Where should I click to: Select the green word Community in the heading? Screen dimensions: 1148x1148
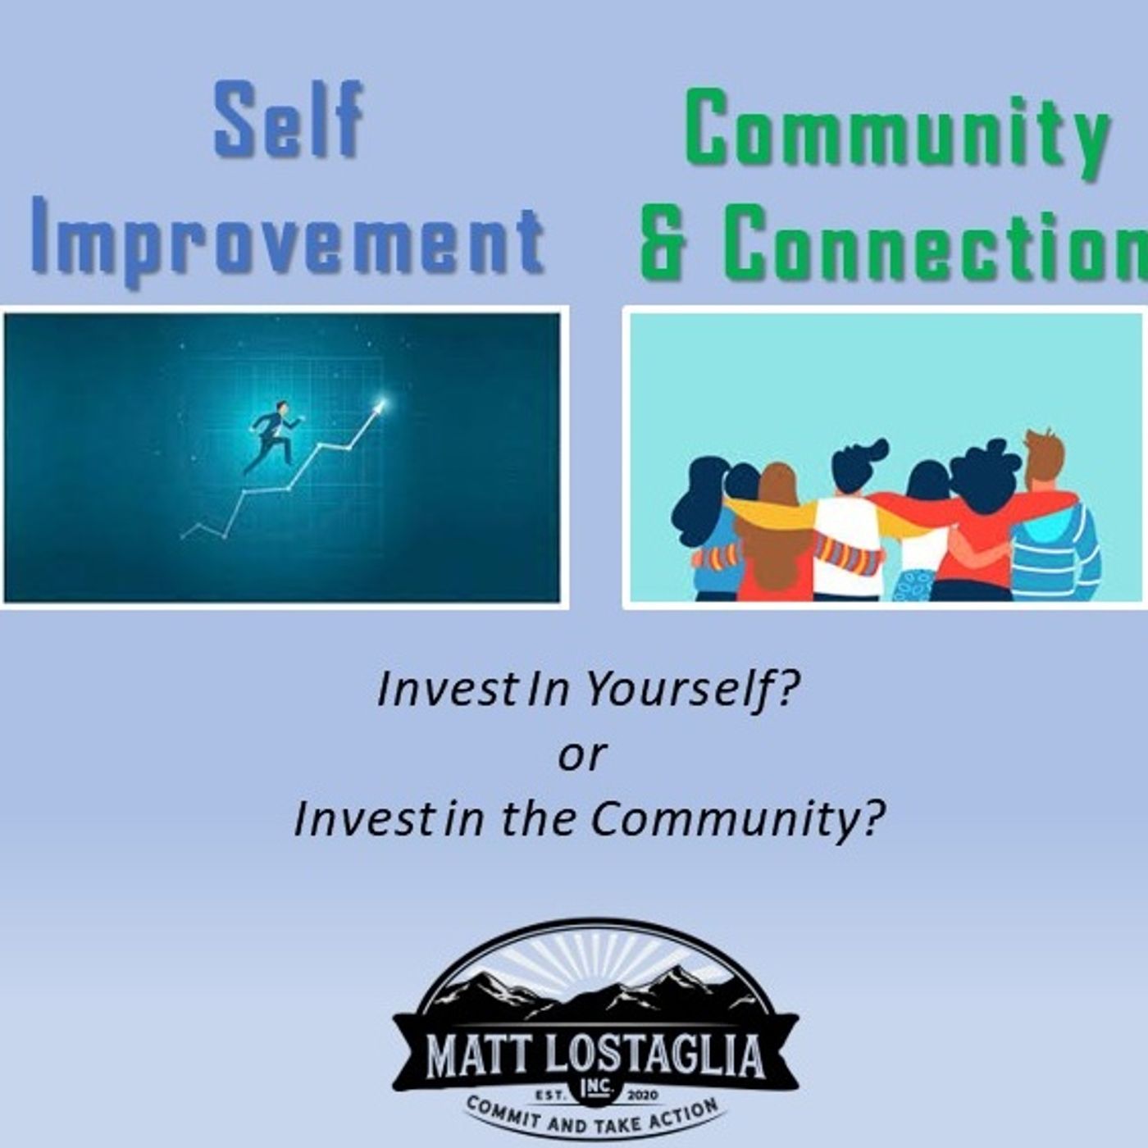pos(898,136)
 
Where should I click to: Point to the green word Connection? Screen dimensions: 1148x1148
pos(936,244)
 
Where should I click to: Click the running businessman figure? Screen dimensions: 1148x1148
pos(273,437)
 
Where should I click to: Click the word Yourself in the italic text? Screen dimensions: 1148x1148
pos(692,692)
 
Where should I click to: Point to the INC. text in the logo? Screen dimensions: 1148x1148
pos(596,1088)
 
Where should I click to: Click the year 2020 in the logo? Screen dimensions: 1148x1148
pos(640,1095)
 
